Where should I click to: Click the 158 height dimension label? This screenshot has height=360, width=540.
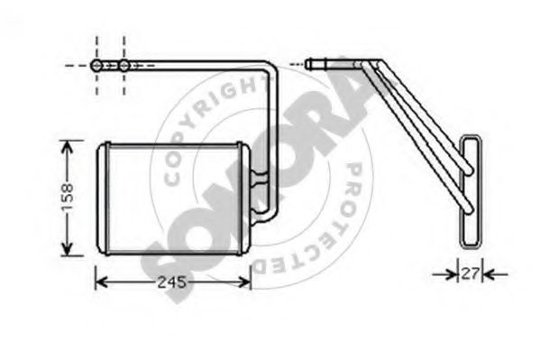(69, 198)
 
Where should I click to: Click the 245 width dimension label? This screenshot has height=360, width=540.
(172, 282)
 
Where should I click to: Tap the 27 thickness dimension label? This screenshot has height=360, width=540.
(470, 273)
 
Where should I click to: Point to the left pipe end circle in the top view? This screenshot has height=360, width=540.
(96, 65)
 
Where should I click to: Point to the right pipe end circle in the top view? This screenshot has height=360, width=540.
(124, 65)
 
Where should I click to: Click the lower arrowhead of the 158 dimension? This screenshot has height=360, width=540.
(67, 249)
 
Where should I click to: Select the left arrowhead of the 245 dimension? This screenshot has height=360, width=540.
(102, 282)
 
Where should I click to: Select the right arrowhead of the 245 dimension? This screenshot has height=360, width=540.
(244, 282)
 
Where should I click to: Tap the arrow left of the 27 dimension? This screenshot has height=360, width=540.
(445, 274)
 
